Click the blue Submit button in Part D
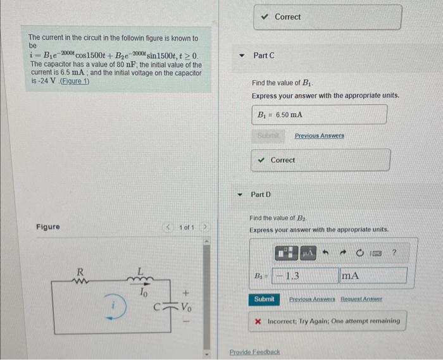coord(264,299)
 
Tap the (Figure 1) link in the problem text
coord(73,82)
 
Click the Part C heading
coord(263,56)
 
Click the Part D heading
coord(261,194)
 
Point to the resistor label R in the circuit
coord(80,271)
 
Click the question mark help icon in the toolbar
coord(394,253)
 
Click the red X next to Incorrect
coord(258,321)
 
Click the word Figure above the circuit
coord(48,227)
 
